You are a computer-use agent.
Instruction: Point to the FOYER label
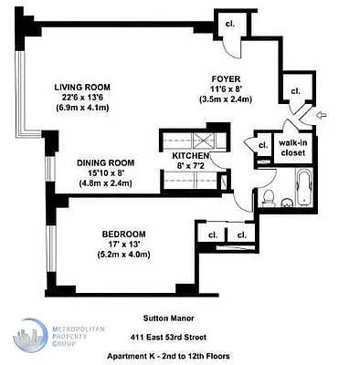point(224,78)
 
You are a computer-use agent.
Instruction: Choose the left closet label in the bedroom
point(212,235)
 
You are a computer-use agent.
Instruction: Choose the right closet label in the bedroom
point(241,235)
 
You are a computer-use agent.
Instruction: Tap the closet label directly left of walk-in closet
point(262,145)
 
